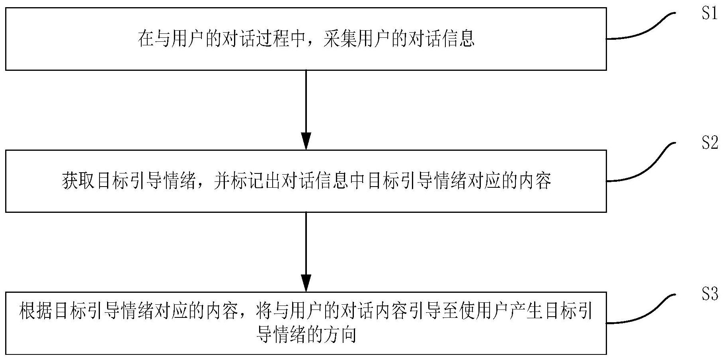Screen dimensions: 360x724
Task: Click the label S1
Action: click(x=710, y=14)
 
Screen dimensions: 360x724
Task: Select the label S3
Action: click(x=710, y=295)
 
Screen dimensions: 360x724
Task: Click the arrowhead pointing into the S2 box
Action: click(x=306, y=142)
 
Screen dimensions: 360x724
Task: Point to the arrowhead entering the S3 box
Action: click(x=306, y=283)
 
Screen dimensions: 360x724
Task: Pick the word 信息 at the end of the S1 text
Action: click(x=459, y=39)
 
